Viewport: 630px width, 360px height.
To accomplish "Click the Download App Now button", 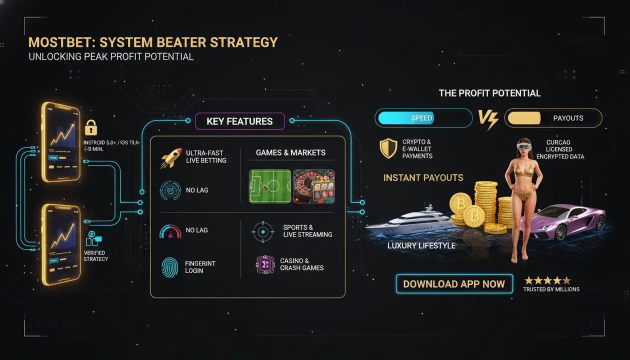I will (454, 284).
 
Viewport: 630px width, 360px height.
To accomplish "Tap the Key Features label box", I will (239, 121).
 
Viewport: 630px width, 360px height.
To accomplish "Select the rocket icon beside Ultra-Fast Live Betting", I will (170, 157).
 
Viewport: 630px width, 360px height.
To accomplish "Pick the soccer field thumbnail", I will (269, 186).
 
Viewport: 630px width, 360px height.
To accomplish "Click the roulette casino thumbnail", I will (314, 186).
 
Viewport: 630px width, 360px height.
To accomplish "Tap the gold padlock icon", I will (91, 127).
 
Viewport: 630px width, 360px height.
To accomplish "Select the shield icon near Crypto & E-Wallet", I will (388, 148).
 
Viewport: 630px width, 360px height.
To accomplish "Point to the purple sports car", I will (565, 220).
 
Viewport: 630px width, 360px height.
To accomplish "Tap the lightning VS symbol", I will (488, 119).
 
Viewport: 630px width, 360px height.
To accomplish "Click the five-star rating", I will (547, 280).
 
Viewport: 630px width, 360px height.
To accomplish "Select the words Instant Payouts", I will (423, 177).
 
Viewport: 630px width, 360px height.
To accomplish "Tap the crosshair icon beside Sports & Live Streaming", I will (263, 231).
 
